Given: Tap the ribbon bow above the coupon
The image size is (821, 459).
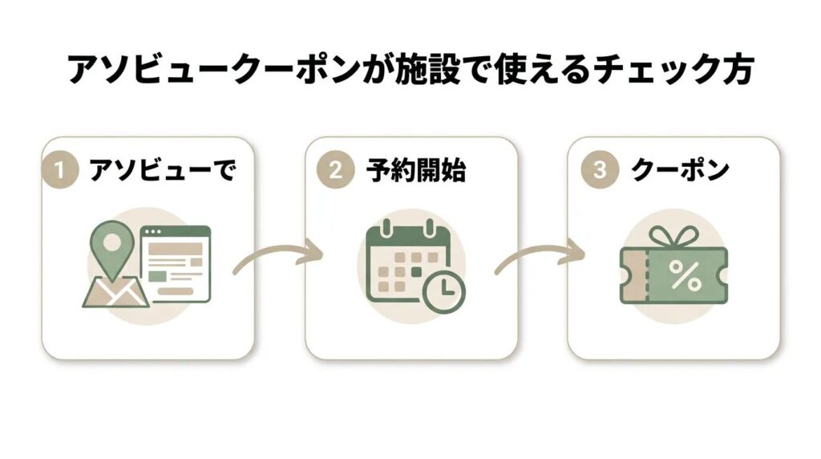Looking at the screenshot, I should coord(671,236).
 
